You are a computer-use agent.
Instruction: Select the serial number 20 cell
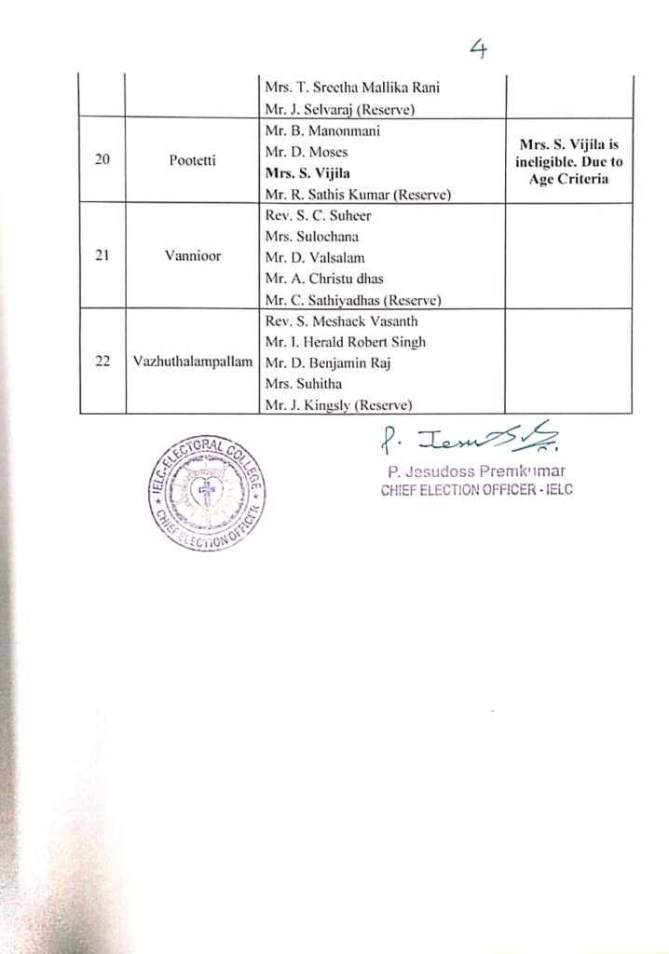[102, 159]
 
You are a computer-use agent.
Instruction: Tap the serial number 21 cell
[102, 256]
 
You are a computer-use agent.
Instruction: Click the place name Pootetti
[194, 159]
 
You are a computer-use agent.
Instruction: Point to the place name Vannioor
[194, 256]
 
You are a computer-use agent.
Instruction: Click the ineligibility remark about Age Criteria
[567, 159]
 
